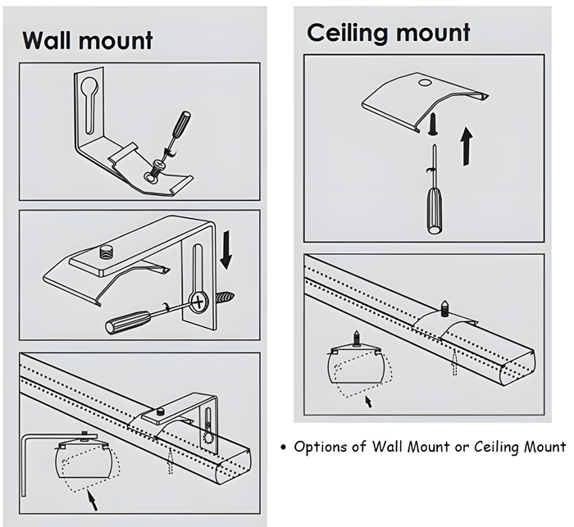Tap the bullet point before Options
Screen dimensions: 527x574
click(283, 447)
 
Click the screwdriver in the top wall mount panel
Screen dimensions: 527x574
click(175, 132)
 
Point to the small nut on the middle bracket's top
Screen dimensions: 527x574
click(105, 248)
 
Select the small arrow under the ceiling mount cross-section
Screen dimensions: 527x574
click(367, 402)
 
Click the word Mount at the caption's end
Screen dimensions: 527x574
click(545, 447)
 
